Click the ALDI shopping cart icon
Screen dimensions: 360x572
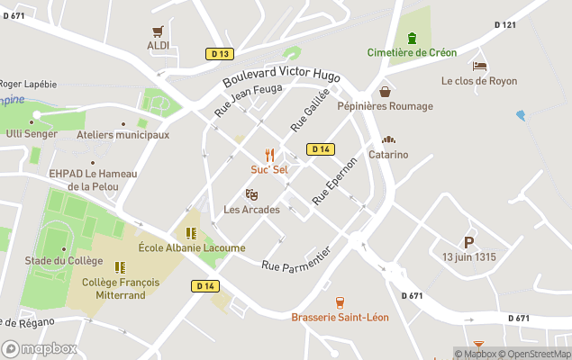tap(159, 30)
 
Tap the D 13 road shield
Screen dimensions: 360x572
tap(218, 54)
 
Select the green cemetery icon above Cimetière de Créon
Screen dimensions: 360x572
tap(412, 38)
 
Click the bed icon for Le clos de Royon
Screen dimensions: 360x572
tap(479, 66)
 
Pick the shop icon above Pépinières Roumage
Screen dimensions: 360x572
tap(385, 92)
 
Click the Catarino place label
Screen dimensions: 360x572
tap(388, 154)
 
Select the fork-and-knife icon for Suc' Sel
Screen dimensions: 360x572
tap(268, 156)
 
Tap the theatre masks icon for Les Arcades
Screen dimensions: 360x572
tap(251, 194)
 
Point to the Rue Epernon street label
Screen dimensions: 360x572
tap(334, 179)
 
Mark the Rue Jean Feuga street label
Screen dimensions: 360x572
tap(248, 100)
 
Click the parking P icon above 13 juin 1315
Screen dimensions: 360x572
tap(468, 242)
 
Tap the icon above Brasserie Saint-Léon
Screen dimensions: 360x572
tap(340, 302)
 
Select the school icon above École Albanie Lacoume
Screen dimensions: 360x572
tap(191, 233)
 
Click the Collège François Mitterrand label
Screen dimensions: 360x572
tap(120, 288)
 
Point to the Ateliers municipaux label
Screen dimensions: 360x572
tap(123, 135)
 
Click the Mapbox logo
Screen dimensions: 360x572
tap(40, 348)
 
